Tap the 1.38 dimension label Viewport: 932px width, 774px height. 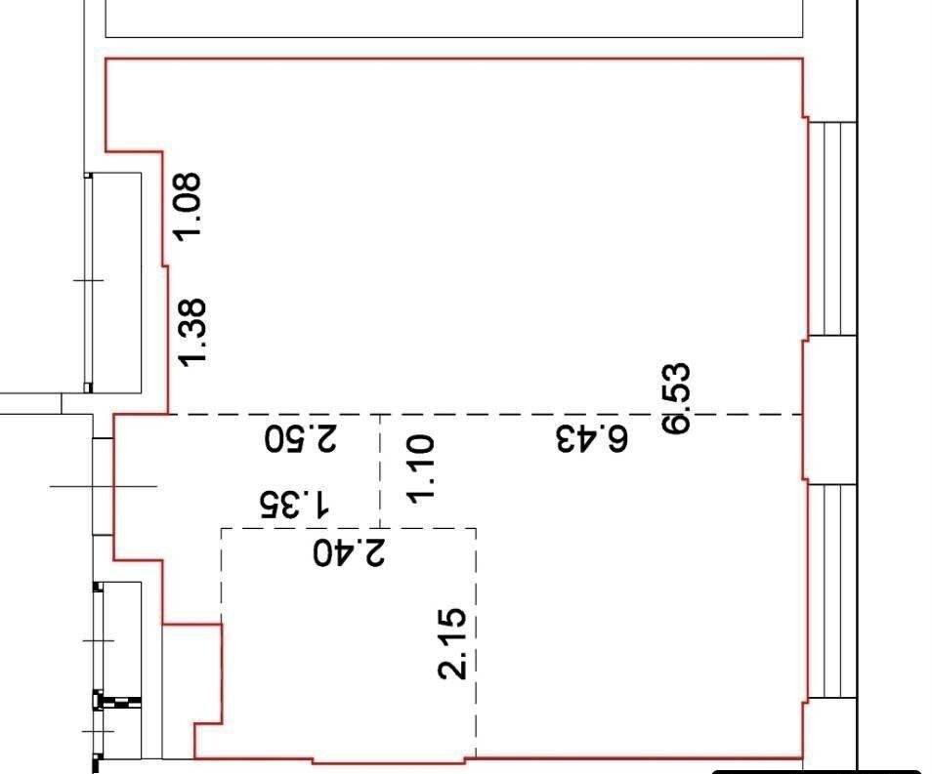click(x=193, y=332)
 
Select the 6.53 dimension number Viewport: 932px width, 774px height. click(x=677, y=398)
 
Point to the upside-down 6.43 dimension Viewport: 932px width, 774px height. click(x=592, y=439)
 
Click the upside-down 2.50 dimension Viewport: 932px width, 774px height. click(x=301, y=439)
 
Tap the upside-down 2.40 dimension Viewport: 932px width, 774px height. click(x=350, y=553)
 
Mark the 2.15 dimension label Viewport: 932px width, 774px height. click(x=451, y=643)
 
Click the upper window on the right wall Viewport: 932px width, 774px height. click(x=832, y=228)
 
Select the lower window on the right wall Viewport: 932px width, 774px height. click(x=832, y=591)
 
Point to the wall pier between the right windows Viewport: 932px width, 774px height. click(x=829, y=410)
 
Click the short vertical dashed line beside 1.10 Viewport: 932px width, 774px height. click(x=380, y=470)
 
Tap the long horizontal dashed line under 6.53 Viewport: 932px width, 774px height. click(x=486, y=414)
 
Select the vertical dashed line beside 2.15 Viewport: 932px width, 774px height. click(x=476, y=641)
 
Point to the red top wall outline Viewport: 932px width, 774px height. click(x=454, y=59)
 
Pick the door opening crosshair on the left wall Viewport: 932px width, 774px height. click(x=104, y=486)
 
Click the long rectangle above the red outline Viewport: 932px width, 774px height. click(x=454, y=19)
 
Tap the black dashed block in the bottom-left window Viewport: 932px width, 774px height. click(x=118, y=703)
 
